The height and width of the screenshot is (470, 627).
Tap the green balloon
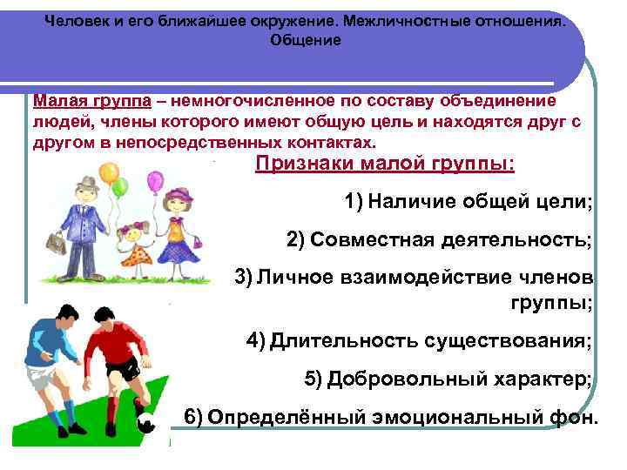click(121, 186)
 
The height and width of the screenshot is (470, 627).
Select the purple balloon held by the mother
click(154, 181)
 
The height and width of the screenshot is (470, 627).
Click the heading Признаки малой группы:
click(384, 164)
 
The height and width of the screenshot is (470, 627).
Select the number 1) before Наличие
click(354, 203)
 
